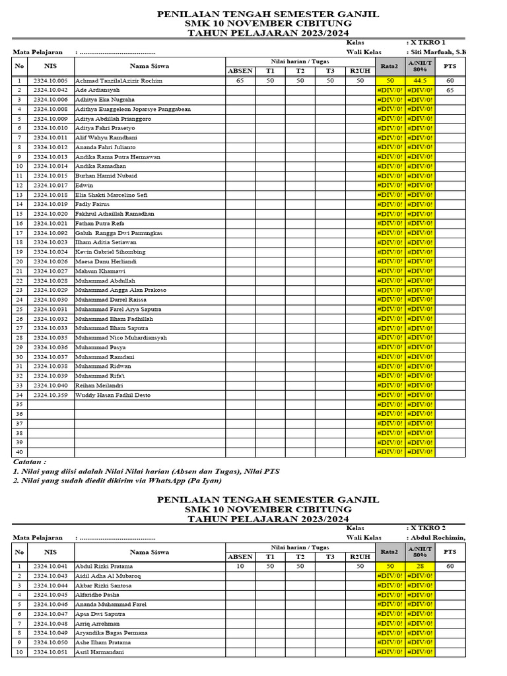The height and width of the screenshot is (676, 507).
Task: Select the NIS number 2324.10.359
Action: click(x=50, y=395)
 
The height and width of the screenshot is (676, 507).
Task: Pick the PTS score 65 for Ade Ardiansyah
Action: click(x=450, y=90)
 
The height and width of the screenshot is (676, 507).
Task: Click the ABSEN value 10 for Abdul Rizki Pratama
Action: click(x=240, y=566)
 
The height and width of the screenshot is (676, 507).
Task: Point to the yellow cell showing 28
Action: click(x=420, y=566)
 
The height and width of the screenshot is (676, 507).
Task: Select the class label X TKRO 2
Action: click(x=428, y=528)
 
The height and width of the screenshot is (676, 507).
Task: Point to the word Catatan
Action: click(x=30, y=462)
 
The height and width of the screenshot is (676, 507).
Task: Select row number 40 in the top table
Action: click(x=19, y=452)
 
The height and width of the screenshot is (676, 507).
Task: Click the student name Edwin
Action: click(x=84, y=186)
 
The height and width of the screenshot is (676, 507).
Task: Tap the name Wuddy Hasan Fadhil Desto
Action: click(x=113, y=395)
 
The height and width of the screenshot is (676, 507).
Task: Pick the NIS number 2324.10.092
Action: click(x=50, y=233)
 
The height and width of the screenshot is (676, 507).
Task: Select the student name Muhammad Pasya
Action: click(x=100, y=347)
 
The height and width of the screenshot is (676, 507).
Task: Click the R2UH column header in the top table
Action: click(x=360, y=71)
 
